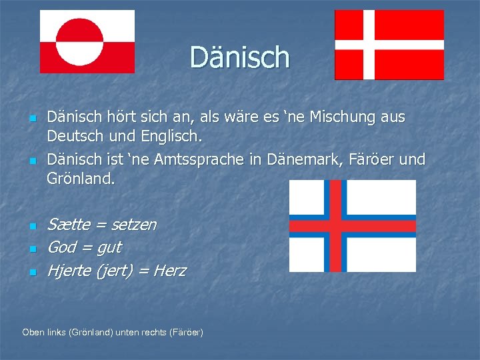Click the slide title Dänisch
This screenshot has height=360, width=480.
[240, 57]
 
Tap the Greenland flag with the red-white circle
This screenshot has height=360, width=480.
[87, 41]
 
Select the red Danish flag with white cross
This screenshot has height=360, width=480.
[389, 45]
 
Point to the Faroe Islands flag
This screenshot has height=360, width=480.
[352, 225]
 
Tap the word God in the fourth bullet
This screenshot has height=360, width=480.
[61, 247]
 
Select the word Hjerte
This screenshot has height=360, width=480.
[69, 271]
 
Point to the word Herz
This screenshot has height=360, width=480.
[170, 271]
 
